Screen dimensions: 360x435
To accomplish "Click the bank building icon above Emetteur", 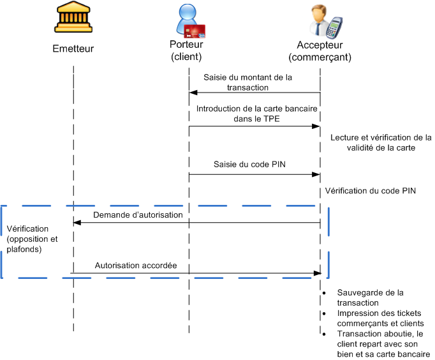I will [73, 20].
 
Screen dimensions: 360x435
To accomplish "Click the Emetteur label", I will [73, 49].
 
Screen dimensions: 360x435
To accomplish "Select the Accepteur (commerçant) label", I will [320, 50].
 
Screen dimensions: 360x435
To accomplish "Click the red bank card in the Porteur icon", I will [195, 30].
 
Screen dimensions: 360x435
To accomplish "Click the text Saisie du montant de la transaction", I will [247, 82].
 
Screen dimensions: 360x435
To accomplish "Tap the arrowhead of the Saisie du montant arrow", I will [192, 93].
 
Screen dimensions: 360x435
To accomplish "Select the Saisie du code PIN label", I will [249, 164].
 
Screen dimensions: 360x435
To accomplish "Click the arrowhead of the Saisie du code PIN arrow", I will [316, 174].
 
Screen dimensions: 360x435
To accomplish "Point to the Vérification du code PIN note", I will [370, 191].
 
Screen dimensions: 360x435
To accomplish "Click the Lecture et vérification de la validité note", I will [381, 142].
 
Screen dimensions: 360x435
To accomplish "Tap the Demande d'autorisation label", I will [138, 215].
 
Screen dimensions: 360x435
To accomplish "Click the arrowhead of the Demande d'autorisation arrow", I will [76, 222].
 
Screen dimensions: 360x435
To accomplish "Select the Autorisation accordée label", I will [136, 265].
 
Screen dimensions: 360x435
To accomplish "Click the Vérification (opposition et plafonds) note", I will [33, 239].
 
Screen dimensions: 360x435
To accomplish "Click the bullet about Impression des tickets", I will [380, 319].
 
